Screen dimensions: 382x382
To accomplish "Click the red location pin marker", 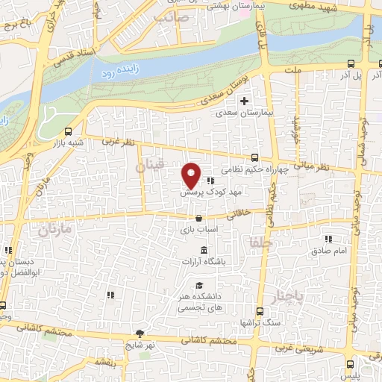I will [191, 175].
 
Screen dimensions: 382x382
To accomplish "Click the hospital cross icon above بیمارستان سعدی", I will [244, 101].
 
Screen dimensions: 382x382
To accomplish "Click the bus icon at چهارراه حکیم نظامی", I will [255, 157].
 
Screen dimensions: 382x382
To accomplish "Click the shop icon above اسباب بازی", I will [197, 219].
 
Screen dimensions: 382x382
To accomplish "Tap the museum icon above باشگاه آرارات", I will [204, 249].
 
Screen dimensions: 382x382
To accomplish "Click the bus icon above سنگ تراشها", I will [260, 312].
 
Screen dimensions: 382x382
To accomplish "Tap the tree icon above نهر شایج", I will [140, 333].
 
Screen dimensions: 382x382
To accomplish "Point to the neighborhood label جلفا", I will [266, 243].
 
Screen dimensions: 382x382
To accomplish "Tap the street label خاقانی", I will [237, 213].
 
